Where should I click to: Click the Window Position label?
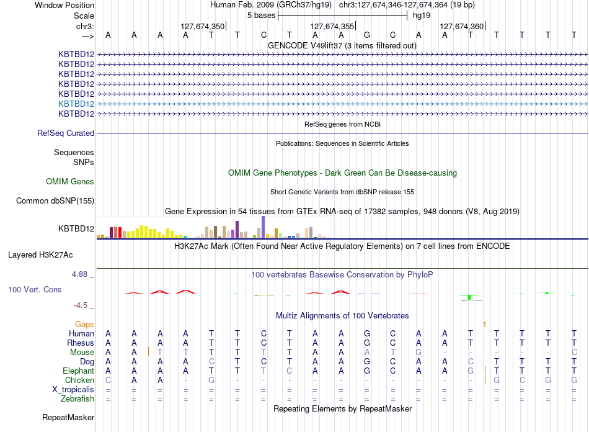64,5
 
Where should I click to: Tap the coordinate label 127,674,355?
332,26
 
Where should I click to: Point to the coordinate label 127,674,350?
203,26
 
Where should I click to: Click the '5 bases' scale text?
261,16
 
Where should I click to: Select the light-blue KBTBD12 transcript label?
76,104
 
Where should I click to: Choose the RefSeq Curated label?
66,133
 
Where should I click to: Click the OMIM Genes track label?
70,182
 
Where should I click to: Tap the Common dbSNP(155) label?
55,200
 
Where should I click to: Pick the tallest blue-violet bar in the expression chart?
263,227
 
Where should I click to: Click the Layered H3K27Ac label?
40,255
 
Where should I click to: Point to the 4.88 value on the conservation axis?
79,274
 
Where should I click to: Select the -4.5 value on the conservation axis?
81,305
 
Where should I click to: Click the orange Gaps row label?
84,324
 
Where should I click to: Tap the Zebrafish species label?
77,398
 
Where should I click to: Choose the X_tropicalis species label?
73,390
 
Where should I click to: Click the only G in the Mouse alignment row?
418,353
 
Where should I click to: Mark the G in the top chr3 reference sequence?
367,35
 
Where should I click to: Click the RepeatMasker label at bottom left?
68,417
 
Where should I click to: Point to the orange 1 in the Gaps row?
485,324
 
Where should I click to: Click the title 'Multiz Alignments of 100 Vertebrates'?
342,315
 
